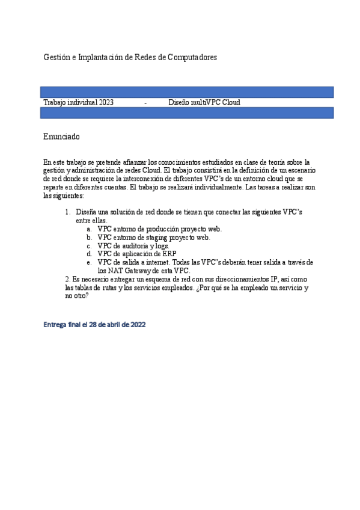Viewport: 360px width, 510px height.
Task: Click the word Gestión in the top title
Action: (x=56, y=57)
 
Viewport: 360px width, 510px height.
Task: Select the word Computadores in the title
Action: (x=192, y=57)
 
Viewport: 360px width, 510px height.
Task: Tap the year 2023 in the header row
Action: (x=106, y=103)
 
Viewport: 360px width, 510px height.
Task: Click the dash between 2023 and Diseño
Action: (x=146, y=103)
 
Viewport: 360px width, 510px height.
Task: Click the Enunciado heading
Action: (x=61, y=137)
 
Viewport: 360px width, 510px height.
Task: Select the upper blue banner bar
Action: (x=187, y=92)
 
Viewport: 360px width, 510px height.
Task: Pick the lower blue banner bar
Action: (x=187, y=113)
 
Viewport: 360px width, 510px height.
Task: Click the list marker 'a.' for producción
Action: (x=89, y=229)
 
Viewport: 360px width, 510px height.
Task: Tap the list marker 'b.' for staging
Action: (x=89, y=238)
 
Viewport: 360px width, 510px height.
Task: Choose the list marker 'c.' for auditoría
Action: (x=89, y=246)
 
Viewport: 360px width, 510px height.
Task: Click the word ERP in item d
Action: (x=169, y=254)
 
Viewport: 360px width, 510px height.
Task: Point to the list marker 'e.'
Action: (x=89, y=262)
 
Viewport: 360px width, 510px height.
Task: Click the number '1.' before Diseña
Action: (x=67, y=213)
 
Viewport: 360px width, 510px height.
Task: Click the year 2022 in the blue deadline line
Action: (x=136, y=325)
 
